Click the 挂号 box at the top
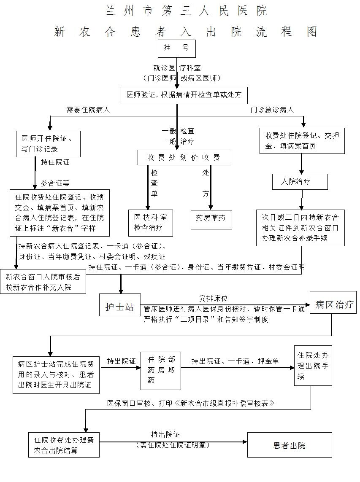point(176,48)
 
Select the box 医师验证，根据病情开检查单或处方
point(184,95)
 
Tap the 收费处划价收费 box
point(184,157)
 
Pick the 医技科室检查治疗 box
point(151,222)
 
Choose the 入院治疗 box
point(299,181)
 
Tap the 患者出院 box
point(289,445)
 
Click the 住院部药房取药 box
point(161,370)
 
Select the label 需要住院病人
point(88,110)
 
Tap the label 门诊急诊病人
point(272,110)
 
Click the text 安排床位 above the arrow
point(214,299)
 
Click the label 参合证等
point(55,183)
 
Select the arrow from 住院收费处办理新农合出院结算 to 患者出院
point(173,442)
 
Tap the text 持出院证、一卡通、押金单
point(235,361)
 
